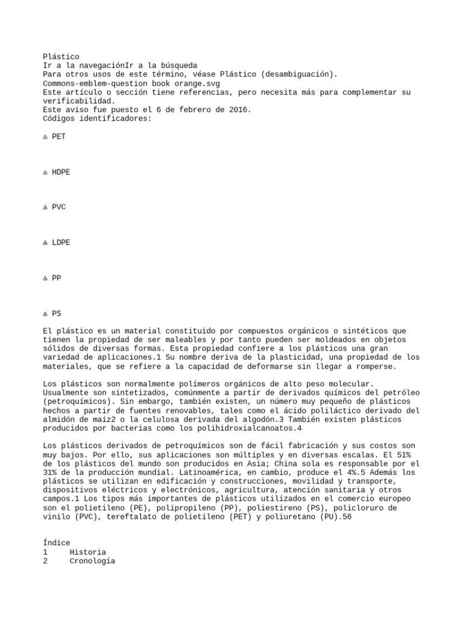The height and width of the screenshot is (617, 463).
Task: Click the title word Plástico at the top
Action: pyautogui.click(x=61, y=57)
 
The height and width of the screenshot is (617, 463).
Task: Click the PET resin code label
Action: pyautogui.click(x=58, y=137)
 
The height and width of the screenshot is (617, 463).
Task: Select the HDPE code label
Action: pyautogui.click(x=61, y=172)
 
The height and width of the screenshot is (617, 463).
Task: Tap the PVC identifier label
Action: pyautogui.click(x=58, y=207)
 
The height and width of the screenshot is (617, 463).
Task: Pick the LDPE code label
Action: pyautogui.click(x=61, y=243)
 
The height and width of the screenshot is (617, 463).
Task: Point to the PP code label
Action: pyautogui.click(x=57, y=278)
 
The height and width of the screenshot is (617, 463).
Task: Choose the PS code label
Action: pyautogui.click(x=57, y=314)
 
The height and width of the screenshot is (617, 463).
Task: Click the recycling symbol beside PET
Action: pyautogui.click(x=46, y=137)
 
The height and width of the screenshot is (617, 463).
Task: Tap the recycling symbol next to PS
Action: pyautogui.click(x=46, y=314)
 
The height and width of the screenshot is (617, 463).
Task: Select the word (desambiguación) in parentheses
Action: pyautogui.click(x=299, y=74)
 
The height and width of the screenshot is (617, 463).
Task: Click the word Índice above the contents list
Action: pyautogui.click(x=57, y=543)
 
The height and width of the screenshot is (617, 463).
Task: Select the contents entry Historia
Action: pyautogui.click(x=87, y=552)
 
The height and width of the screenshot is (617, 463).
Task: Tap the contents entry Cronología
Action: pyautogui.click(x=92, y=561)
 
